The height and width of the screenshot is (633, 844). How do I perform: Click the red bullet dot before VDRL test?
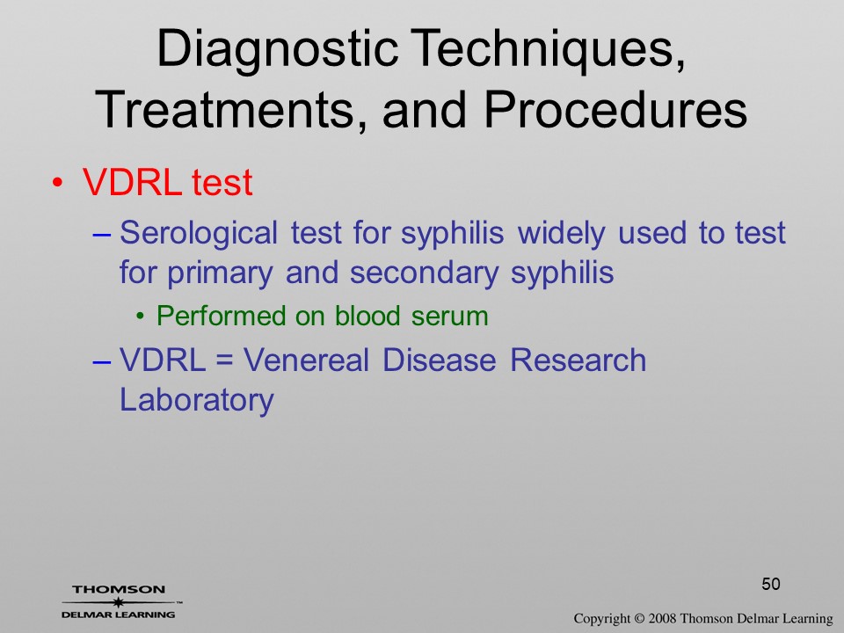(58, 183)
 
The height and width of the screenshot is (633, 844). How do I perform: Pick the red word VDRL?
(133, 182)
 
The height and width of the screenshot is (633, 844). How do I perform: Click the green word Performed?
(220, 316)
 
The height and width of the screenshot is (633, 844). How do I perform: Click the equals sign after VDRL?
(224, 360)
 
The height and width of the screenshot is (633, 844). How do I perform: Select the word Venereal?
(306, 360)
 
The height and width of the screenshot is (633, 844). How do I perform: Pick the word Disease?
(440, 360)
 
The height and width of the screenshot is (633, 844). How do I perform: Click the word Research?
(578, 360)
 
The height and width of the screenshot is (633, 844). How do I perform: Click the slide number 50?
(771, 584)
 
